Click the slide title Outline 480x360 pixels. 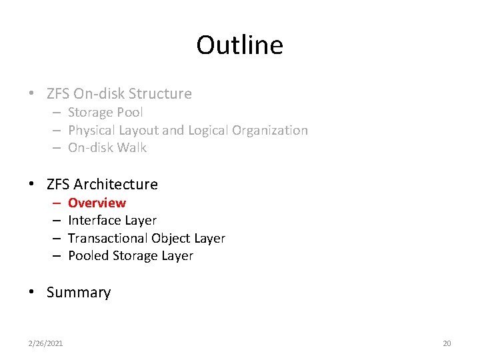pyautogui.click(x=239, y=45)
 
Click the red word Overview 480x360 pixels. pyautogui.click(x=97, y=203)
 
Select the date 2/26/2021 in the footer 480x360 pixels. pyautogui.click(x=45, y=343)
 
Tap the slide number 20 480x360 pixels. pyautogui.click(x=447, y=343)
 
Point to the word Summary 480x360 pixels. pyautogui.click(x=79, y=293)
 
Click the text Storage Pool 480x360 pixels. pyautogui.click(x=105, y=113)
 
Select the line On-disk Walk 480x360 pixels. pyautogui.click(x=107, y=147)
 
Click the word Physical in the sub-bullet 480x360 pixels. pyautogui.click(x=91, y=130)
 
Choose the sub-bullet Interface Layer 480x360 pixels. pyautogui.click(x=112, y=220)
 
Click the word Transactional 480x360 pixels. pyautogui.click(x=108, y=238)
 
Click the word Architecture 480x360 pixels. pyautogui.click(x=116, y=184)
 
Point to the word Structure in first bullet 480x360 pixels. pyautogui.click(x=160, y=94)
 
